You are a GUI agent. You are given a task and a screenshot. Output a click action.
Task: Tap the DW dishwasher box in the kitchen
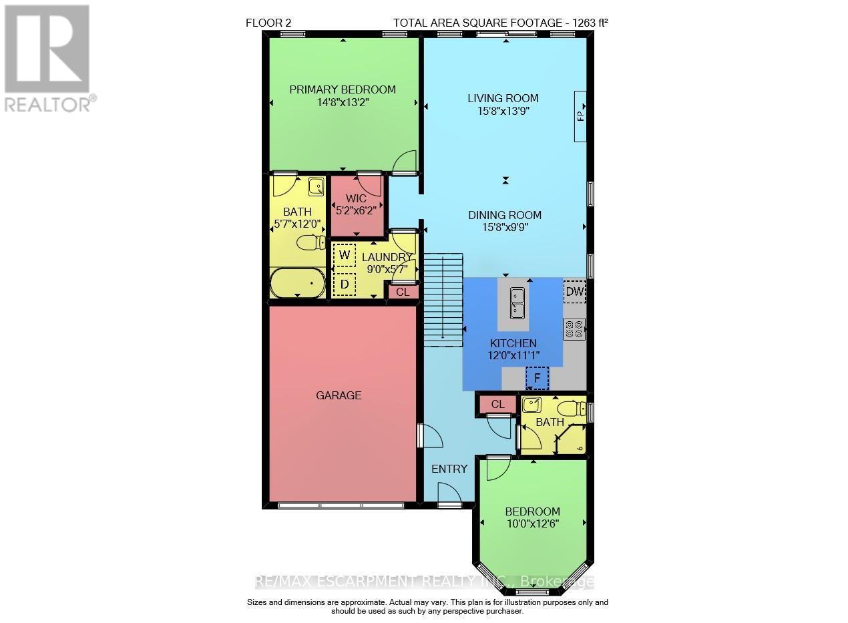pyautogui.click(x=574, y=291)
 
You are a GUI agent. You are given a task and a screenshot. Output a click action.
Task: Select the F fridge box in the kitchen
pyautogui.click(x=537, y=377)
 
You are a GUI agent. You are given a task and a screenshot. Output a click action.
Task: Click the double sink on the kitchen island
pyautogui.click(x=517, y=302)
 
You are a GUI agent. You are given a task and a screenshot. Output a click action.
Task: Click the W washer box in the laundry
pyautogui.click(x=345, y=254)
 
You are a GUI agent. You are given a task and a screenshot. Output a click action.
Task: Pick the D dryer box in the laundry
pyautogui.click(x=345, y=284)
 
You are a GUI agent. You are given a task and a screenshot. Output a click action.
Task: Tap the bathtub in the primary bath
pyautogui.click(x=298, y=284)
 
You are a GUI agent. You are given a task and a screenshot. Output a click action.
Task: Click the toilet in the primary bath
pyautogui.click(x=311, y=242)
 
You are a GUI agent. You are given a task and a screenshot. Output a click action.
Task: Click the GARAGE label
pyautogui.click(x=339, y=395)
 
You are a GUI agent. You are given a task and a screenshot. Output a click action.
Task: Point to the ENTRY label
pyautogui.click(x=449, y=469)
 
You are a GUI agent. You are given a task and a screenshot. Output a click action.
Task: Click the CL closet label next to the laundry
pyautogui.click(x=403, y=292)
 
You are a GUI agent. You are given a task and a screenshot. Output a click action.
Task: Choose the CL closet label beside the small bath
pyautogui.click(x=497, y=404)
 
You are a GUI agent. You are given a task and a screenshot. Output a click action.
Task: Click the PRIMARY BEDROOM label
pyautogui.click(x=342, y=89)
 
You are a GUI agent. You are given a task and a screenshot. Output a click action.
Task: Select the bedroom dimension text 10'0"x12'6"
pyautogui.click(x=532, y=524)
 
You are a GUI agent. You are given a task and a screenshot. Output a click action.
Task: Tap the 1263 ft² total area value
pyautogui.click(x=588, y=23)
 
